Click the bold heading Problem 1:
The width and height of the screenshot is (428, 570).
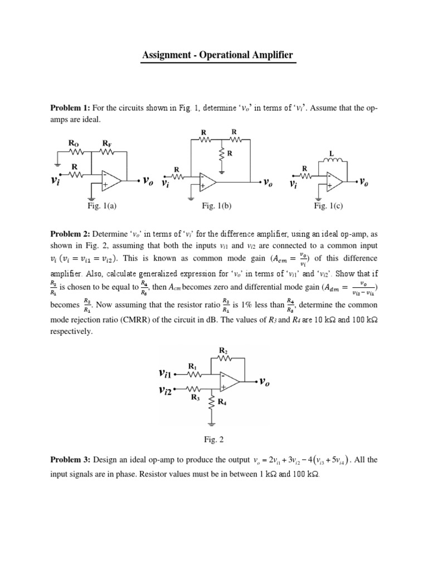click(x=72, y=107)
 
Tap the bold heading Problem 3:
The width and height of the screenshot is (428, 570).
click(x=72, y=460)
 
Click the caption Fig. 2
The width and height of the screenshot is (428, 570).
click(x=213, y=440)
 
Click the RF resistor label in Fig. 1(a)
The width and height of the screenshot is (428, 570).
click(x=106, y=143)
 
